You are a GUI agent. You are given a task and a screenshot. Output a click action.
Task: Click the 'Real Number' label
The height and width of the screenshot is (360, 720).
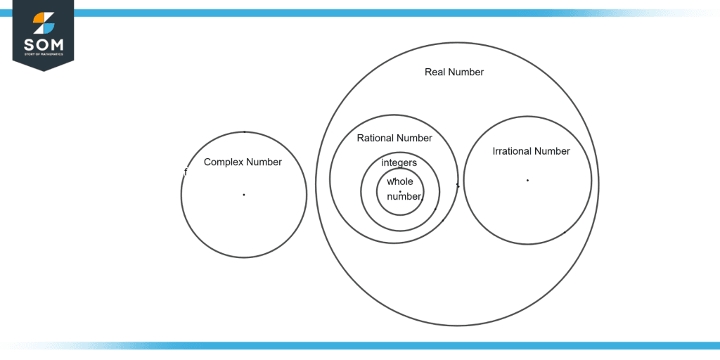click(454, 72)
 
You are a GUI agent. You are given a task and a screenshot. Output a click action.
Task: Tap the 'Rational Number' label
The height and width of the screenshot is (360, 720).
click(394, 138)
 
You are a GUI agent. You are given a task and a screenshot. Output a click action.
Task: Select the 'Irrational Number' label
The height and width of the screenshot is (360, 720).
click(531, 151)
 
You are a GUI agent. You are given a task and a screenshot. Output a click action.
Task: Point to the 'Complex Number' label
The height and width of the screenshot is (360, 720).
click(243, 162)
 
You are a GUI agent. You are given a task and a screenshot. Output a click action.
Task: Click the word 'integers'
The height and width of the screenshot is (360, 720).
click(399, 163)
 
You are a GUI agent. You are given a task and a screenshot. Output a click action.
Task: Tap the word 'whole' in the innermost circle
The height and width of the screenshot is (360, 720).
click(399, 181)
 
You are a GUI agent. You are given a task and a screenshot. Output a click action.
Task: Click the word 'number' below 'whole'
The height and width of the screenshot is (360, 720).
click(404, 197)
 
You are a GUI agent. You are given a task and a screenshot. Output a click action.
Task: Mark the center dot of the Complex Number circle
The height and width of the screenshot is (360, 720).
click(244, 195)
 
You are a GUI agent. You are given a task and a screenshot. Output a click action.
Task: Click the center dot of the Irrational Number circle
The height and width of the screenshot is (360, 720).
click(527, 181)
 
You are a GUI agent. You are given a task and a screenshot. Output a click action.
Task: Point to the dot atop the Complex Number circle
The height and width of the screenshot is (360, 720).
click(244, 131)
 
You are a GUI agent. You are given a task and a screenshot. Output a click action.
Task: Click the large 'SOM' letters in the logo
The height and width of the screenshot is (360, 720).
click(43, 44)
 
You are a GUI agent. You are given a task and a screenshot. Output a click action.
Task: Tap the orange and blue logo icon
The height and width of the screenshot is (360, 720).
click(43, 22)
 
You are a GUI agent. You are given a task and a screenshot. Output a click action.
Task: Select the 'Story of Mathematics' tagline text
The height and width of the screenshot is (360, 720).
click(43, 54)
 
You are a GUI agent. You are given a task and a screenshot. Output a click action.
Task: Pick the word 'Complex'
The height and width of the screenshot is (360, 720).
click(223, 162)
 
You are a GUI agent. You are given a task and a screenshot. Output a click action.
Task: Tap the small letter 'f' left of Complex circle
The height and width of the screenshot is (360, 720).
click(186, 172)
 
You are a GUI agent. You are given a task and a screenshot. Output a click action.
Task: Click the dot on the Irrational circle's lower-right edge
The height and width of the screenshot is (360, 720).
click(565, 232)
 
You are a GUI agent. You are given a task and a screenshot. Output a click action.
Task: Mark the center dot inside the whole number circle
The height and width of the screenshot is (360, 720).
click(400, 192)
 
